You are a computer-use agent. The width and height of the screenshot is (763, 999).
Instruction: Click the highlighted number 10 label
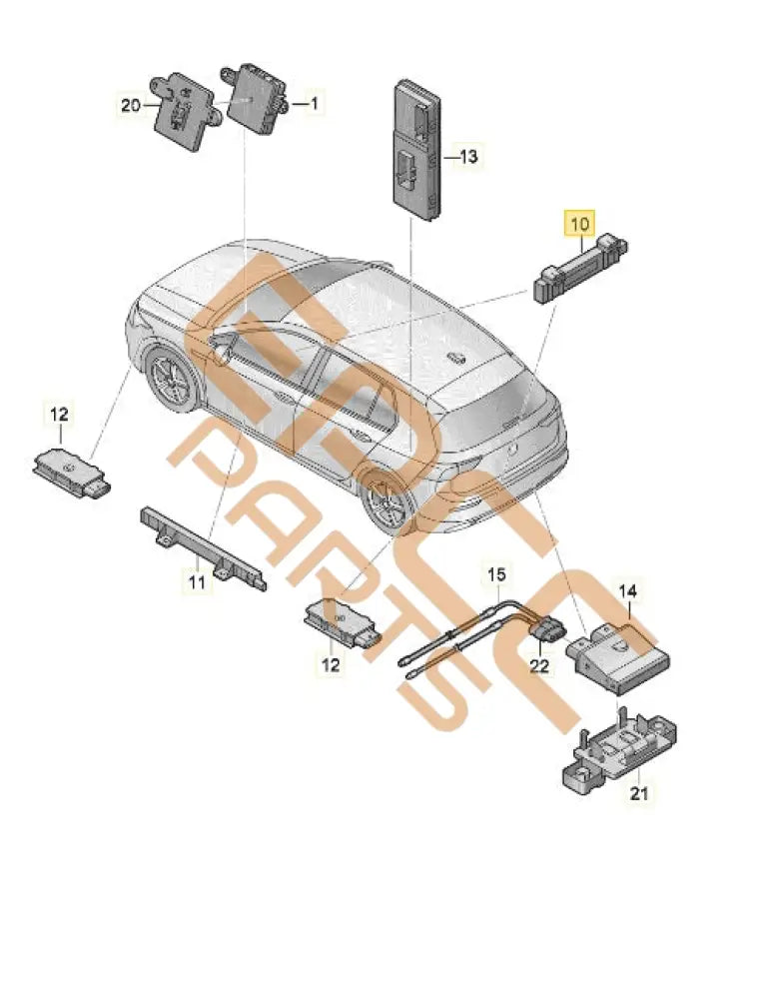click(x=580, y=224)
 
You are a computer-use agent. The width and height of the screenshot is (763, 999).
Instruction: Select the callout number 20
click(x=131, y=103)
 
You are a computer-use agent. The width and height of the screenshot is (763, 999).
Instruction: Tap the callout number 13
click(x=468, y=157)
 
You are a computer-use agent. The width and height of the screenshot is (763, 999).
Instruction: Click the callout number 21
click(x=638, y=793)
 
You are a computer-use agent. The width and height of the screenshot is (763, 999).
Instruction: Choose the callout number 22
click(x=539, y=665)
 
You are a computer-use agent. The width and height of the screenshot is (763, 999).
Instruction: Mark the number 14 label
click(x=628, y=591)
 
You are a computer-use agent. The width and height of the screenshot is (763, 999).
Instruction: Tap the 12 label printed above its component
click(x=59, y=413)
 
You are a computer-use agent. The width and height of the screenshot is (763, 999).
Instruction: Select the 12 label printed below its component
click(x=331, y=663)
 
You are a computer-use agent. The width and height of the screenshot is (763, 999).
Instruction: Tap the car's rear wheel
click(x=385, y=499)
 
